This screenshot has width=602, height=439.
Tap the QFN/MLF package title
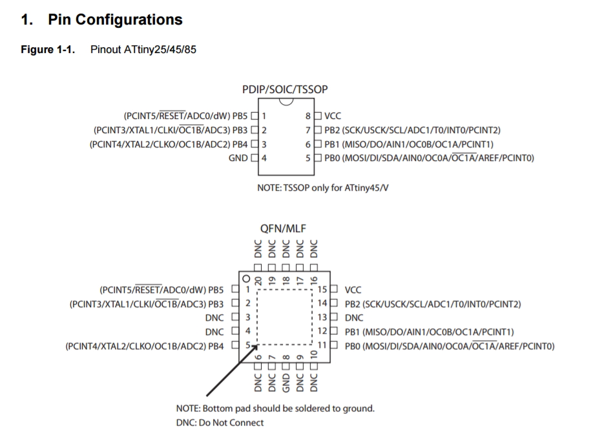point(283,229)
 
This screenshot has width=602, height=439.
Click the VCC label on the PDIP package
point(333,116)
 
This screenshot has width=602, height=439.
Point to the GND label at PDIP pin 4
point(238,158)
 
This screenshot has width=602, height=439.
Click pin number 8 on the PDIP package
point(309,116)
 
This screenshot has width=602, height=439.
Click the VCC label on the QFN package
point(353,290)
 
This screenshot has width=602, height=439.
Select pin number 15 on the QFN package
point(324,290)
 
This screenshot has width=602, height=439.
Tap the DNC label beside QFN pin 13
point(354,317)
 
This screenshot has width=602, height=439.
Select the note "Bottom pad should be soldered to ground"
point(275,409)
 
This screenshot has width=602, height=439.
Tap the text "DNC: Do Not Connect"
point(220,423)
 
